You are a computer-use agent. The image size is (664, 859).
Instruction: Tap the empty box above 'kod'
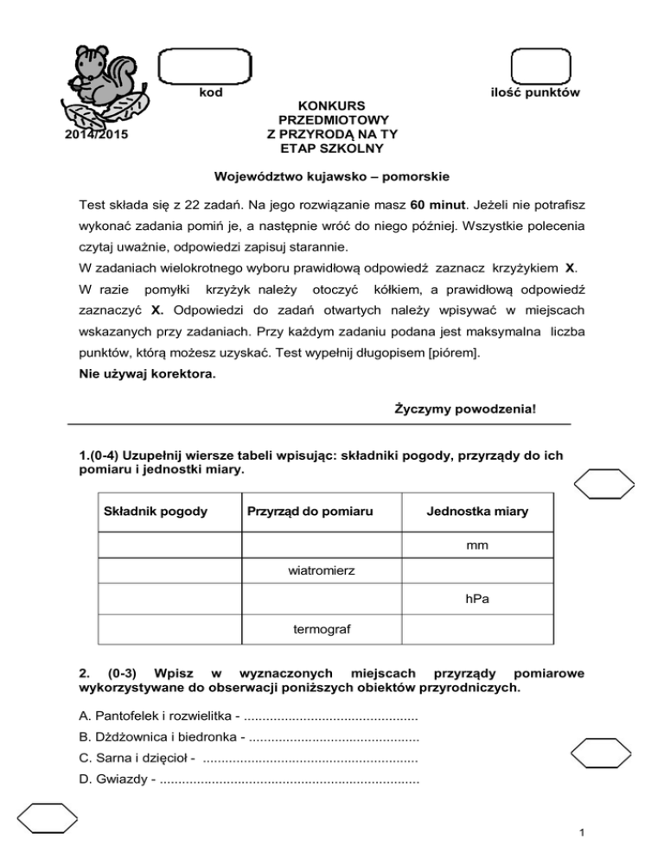[205, 67]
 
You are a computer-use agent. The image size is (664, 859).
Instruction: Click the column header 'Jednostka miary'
[477, 512]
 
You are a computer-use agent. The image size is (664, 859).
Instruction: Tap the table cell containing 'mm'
[477, 546]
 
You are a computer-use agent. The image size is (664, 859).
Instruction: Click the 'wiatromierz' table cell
[323, 570]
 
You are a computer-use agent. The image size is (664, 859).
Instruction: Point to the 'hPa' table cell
[477, 599]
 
